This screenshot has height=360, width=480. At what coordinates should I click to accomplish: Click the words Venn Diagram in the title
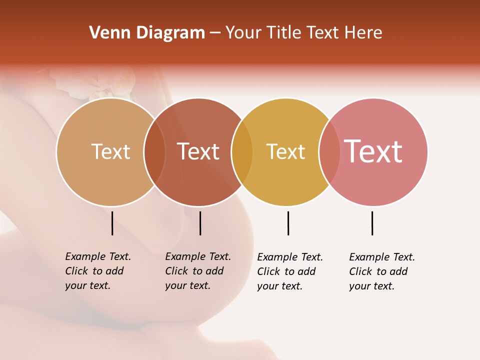(147, 33)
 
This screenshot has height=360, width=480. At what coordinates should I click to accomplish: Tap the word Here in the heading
(363, 33)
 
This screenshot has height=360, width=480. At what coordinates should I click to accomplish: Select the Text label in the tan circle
(110, 151)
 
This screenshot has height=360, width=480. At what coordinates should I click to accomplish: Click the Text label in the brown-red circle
(198, 151)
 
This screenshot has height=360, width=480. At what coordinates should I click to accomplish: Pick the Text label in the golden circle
(285, 151)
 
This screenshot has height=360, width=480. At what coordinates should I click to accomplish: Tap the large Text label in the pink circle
(373, 151)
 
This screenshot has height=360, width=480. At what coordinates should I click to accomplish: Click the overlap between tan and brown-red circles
(154, 151)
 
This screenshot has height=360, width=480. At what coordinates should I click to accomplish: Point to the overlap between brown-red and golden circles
(242, 151)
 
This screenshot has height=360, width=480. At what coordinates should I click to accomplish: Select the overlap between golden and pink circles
(329, 151)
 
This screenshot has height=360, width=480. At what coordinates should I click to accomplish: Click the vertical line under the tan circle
(112, 223)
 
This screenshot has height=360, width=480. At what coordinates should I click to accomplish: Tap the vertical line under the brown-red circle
(200, 223)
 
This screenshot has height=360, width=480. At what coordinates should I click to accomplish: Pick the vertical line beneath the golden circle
(288, 223)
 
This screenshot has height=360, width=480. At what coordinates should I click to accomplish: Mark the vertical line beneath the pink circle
(372, 223)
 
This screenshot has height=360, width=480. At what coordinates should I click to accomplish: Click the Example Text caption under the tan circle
(97, 271)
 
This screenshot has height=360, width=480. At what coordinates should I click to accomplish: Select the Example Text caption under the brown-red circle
(197, 271)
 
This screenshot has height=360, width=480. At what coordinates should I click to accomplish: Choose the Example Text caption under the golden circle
(289, 271)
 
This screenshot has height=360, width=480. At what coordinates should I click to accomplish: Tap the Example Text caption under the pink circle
(381, 271)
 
